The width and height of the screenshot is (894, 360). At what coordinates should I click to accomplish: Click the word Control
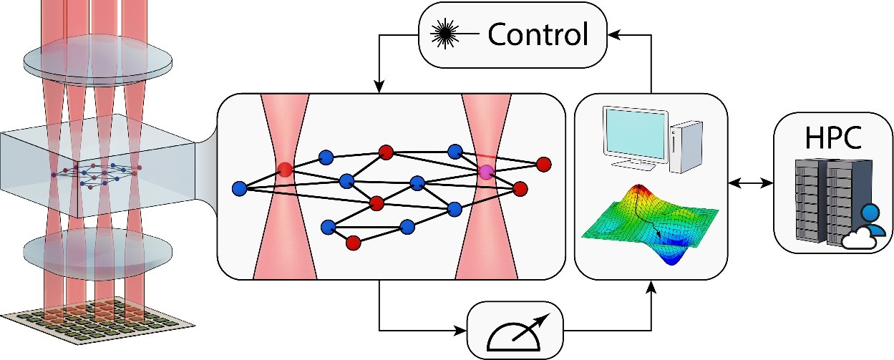pos(538,34)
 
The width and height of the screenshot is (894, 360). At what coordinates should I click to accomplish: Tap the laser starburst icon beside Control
pos(445,34)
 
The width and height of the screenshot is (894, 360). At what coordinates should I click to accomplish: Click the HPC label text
pos(832,137)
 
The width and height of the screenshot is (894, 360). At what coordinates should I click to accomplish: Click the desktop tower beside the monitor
pos(686,147)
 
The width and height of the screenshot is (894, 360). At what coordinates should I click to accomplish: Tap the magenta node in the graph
pos(487,172)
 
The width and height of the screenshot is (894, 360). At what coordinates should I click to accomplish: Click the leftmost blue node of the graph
pos(240,188)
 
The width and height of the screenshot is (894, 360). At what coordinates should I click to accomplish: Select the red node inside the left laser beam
pos(285,169)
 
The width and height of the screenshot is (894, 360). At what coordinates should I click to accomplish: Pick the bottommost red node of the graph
pos(353,242)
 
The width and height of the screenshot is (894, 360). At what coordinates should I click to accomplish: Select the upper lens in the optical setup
pos(98,61)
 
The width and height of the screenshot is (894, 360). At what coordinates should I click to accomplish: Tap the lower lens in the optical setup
pos(98,252)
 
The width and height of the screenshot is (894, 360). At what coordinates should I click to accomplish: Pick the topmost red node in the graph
pos(386,152)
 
